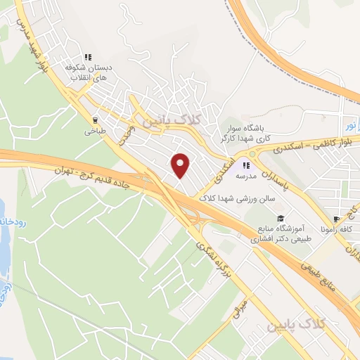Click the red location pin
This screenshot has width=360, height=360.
point(181,165)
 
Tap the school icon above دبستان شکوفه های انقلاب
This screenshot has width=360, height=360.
point(88,57)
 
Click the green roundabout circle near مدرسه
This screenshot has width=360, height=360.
point(251,154)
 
